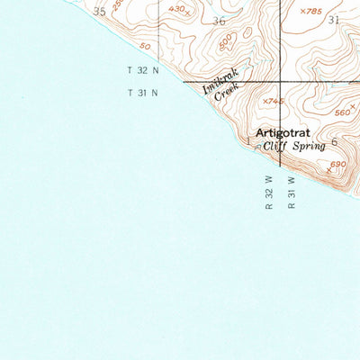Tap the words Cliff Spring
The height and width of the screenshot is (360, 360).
tap(294, 145)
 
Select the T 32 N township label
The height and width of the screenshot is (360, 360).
tap(142, 69)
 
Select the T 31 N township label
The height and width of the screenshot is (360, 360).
tap(142, 92)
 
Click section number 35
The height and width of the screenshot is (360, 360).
tap(99, 11)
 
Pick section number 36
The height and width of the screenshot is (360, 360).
tap(220, 20)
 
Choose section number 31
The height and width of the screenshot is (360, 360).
tap(335, 19)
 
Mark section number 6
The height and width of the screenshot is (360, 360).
tap(333, 142)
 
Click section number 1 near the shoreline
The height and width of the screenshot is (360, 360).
tap(247, 141)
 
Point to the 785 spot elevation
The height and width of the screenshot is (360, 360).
tap(310, 11)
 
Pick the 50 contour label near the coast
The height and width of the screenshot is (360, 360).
tap(145, 46)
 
